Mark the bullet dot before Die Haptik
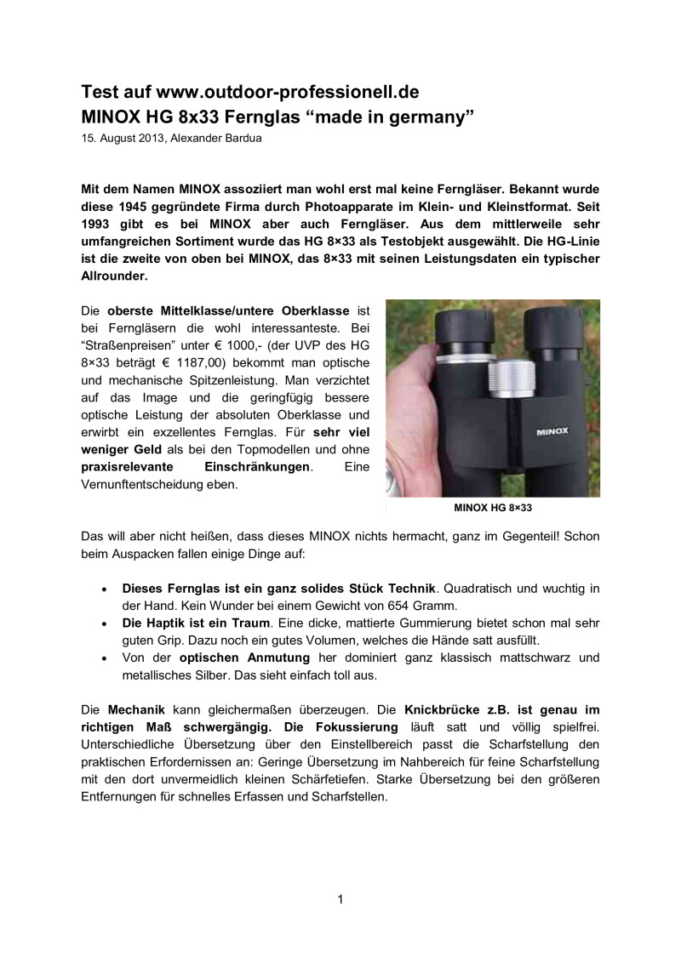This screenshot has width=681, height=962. (104, 623)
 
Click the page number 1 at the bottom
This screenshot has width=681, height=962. (340, 900)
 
